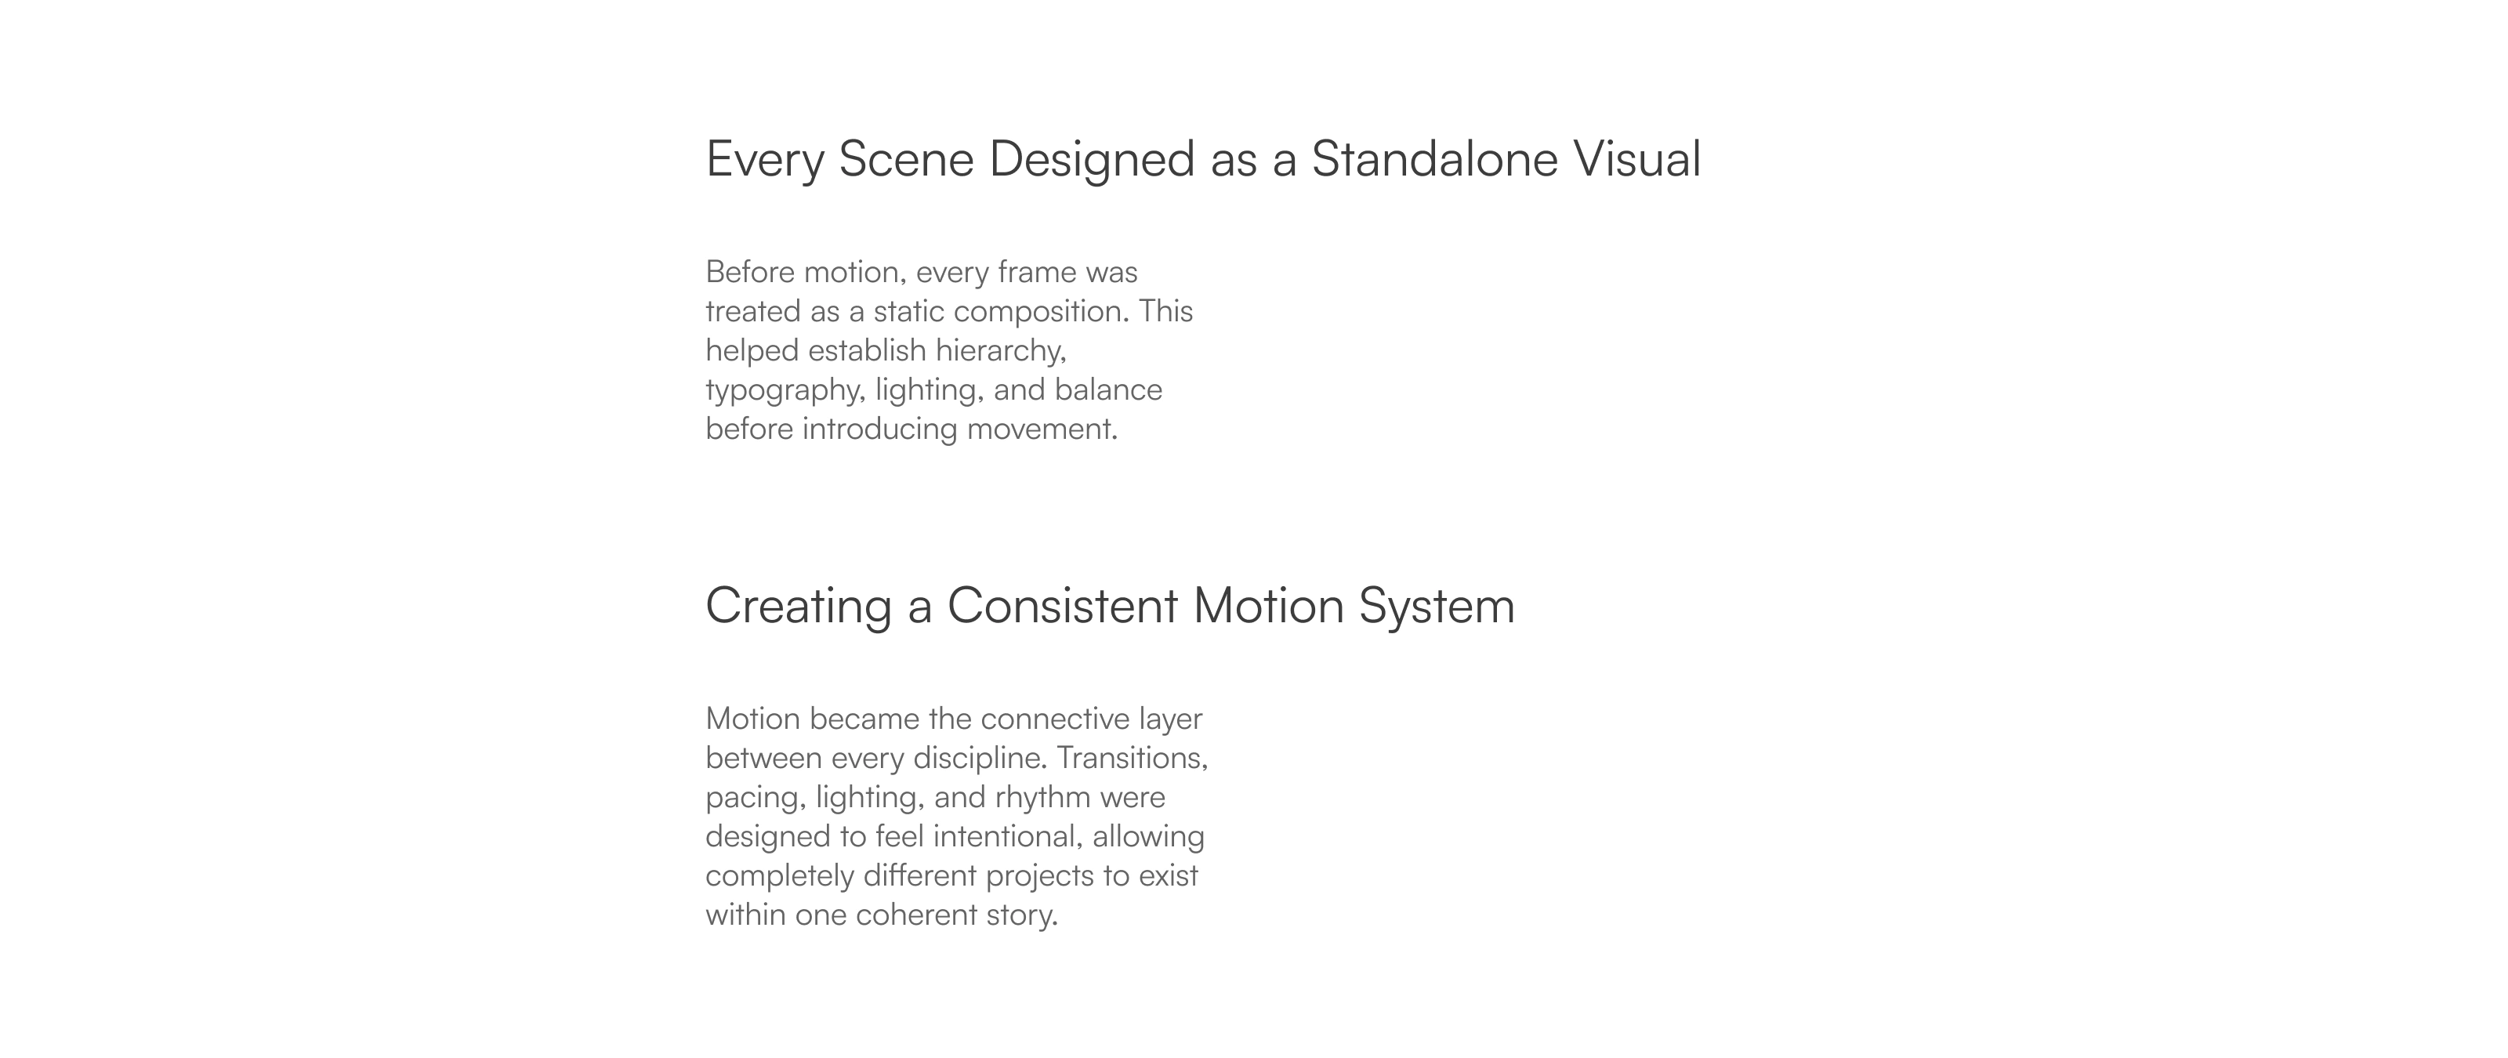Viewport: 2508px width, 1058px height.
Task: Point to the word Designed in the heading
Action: coord(1092,161)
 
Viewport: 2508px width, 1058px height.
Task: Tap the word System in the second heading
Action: coord(1437,607)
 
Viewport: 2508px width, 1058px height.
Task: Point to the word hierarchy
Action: coord(1001,351)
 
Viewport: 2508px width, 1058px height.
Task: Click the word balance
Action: coord(1108,390)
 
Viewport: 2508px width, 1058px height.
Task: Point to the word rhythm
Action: coord(1042,798)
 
